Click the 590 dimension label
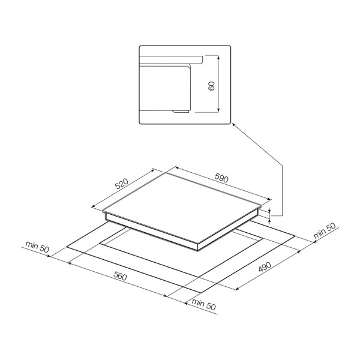point(221,178)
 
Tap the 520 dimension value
point(121,184)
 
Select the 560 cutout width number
point(120,277)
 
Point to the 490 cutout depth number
point(265,266)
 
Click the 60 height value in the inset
point(211,86)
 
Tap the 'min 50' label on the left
point(37,247)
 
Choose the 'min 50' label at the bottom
point(203,304)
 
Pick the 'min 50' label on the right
point(325,230)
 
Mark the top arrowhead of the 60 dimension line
point(218,57)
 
